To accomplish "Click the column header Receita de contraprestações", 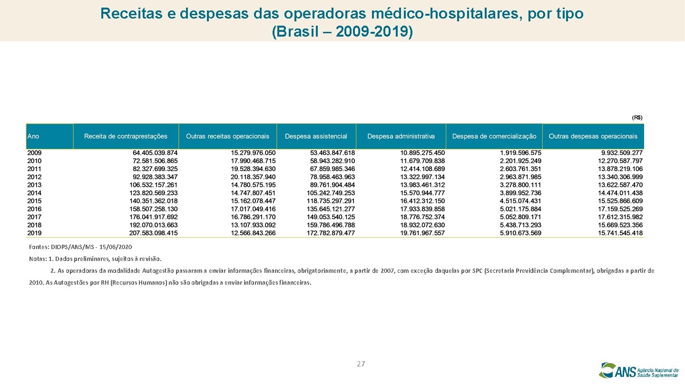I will (126, 136).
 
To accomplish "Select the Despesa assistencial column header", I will (316, 136).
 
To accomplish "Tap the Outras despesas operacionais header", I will (593, 136).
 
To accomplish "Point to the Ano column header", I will (33, 136).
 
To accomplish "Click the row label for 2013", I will (34, 185).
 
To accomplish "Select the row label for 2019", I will (34, 233).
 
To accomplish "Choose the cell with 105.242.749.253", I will (331, 193).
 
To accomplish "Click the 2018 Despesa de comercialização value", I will (520, 225).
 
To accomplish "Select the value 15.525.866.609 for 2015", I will (620, 201).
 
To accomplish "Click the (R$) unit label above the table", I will (637, 117).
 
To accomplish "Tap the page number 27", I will (361, 364).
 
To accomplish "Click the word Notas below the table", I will (37, 259).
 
